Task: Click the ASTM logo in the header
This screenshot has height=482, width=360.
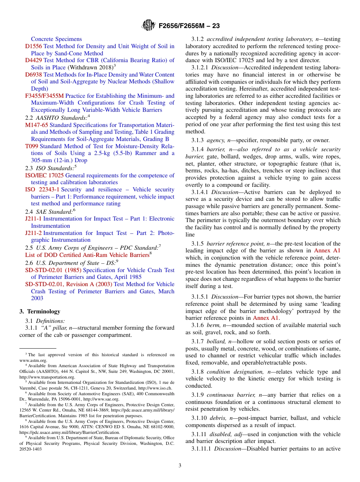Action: point(148,25)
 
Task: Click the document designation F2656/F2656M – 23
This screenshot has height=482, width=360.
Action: point(189,26)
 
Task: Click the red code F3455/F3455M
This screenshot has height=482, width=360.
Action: point(45,96)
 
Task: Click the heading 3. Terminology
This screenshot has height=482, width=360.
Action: point(40,311)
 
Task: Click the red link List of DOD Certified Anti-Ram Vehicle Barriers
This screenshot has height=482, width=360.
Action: point(87,255)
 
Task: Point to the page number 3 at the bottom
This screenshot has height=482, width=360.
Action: point(180,466)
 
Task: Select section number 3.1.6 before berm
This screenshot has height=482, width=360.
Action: point(198,325)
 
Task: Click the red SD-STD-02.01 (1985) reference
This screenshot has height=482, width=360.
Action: point(53,270)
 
